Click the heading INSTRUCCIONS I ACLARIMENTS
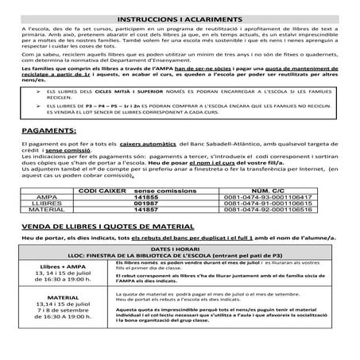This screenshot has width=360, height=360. click(180, 17)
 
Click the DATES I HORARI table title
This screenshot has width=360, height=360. click(180, 248)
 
